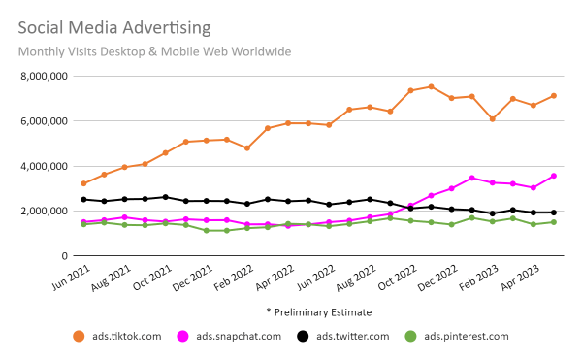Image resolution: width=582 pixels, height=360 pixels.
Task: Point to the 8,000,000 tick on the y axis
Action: (40, 76)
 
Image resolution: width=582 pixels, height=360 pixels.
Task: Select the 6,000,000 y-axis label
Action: (40, 121)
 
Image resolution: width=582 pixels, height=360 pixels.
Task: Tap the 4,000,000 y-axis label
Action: (40, 166)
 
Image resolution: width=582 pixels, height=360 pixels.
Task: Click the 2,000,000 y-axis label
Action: (40, 211)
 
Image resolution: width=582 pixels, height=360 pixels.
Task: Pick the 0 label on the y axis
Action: (62, 256)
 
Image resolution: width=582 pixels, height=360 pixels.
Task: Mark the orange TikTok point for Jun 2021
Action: (84, 183)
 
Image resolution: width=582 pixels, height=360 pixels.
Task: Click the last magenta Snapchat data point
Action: (553, 176)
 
